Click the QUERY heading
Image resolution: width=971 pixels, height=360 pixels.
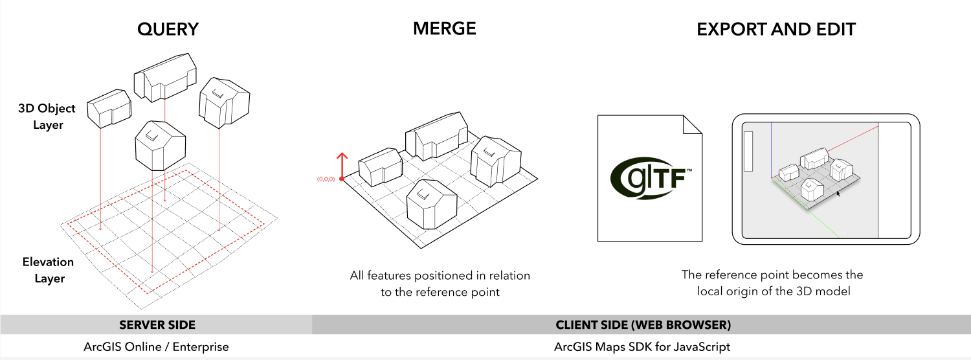point(168,29)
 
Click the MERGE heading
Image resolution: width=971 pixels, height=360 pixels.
point(444,28)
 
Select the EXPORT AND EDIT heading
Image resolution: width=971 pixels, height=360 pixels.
point(776,29)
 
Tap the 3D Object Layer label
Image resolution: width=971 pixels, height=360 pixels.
point(47,117)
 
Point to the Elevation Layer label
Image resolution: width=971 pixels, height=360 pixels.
point(48,270)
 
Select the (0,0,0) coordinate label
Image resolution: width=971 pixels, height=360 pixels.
point(326,179)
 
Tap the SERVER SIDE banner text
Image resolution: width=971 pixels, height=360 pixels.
point(157,324)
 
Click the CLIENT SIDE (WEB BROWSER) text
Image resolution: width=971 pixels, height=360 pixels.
point(643,324)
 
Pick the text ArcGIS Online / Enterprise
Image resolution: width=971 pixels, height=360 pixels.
point(156,347)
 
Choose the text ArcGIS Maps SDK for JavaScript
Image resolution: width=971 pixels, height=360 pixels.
point(642,347)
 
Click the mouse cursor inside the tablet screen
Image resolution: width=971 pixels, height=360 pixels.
point(838,192)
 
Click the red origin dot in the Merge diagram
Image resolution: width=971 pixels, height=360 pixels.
point(341,178)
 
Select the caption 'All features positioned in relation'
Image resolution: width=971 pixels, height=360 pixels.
point(440,276)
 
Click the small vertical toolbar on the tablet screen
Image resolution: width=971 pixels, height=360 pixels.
point(749,151)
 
